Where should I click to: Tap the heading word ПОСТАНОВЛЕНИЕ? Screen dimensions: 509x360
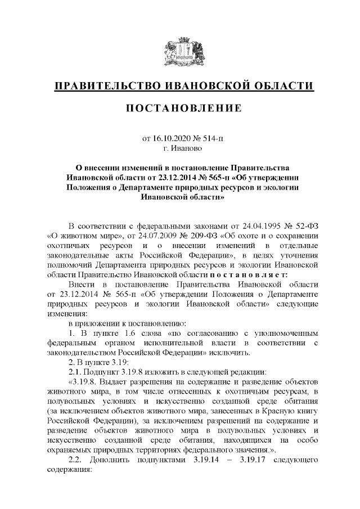tap(180, 107)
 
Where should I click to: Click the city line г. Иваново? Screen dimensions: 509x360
tap(180, 148)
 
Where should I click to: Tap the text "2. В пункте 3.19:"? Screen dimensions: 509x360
tap(99, 364)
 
